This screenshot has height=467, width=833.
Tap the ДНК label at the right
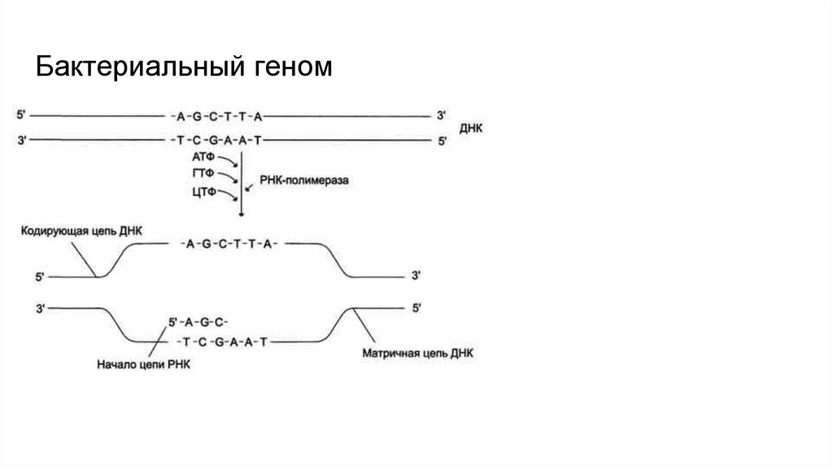[x=472, y=128]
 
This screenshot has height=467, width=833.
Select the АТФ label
[x=203, y=155]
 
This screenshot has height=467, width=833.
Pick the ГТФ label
[x=203, y=173]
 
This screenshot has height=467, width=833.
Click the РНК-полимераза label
[x=304, y=183]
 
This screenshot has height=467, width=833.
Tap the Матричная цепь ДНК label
[x=417, y=354]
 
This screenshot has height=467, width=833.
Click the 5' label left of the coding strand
[x=41, y=277]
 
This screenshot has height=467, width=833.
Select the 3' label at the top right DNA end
[x=442, y=115]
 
